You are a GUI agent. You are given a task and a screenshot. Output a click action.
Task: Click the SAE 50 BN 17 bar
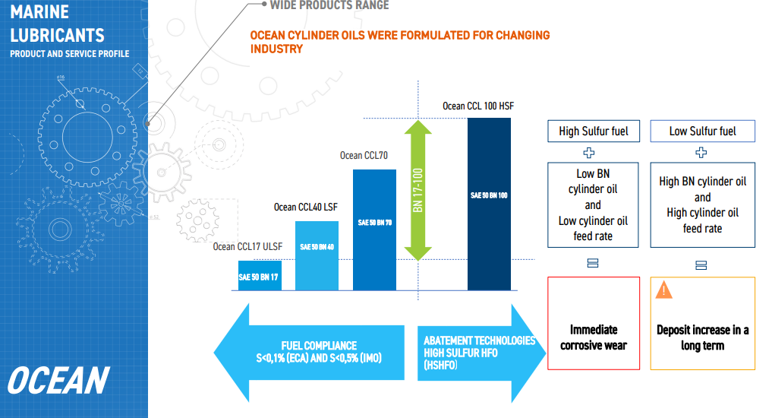tap(260, 276)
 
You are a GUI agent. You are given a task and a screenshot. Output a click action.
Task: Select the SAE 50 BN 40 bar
tap(317, 256)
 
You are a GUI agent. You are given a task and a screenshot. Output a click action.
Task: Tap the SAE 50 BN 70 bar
tap(375, 230)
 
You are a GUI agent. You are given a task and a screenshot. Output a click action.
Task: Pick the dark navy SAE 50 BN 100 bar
tap(489, 204)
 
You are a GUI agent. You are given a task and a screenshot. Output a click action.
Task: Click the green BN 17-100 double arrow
tap(418, 190)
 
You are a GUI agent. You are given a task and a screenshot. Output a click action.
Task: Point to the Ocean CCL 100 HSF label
tap(478, 106)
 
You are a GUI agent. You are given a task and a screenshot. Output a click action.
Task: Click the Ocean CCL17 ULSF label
tap(247, 246)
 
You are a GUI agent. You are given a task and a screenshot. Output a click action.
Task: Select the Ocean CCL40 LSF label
tap(306, 207)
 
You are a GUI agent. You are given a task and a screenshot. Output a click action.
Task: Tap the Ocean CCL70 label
tap(364, 156)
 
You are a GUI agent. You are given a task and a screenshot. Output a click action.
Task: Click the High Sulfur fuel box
tap(594, 131)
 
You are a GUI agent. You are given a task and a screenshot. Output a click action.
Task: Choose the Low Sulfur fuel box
tap(703, 131)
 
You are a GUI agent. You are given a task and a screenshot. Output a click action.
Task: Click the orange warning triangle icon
tap(663, 290)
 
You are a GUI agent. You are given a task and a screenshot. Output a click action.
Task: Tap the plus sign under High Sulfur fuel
tap(589, 153)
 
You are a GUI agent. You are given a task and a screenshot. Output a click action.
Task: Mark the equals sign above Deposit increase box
tap(701, 265)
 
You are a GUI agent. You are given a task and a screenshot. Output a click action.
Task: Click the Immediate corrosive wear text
tap(594, 337)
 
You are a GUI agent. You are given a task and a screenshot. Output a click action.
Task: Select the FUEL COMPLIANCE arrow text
tap(319, 352)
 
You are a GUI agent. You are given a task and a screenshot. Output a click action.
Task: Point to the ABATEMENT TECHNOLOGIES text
tap(480, 340)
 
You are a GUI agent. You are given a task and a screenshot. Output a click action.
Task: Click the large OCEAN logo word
tap(58, 381)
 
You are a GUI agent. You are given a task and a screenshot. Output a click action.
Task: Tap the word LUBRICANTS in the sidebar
tap(57, 36)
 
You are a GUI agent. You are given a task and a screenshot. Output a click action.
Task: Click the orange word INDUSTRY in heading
tap(276, 49)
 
